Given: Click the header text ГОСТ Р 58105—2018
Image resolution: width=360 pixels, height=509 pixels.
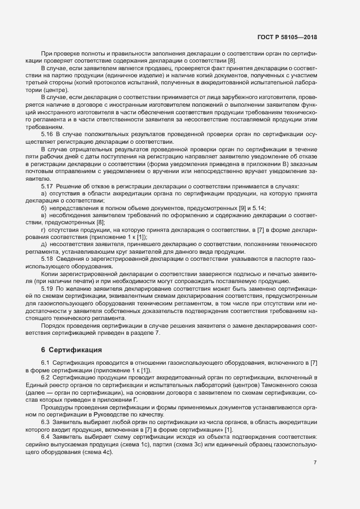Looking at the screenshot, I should coord(287,38).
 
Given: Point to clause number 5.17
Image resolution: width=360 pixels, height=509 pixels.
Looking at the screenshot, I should coord(47,186).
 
